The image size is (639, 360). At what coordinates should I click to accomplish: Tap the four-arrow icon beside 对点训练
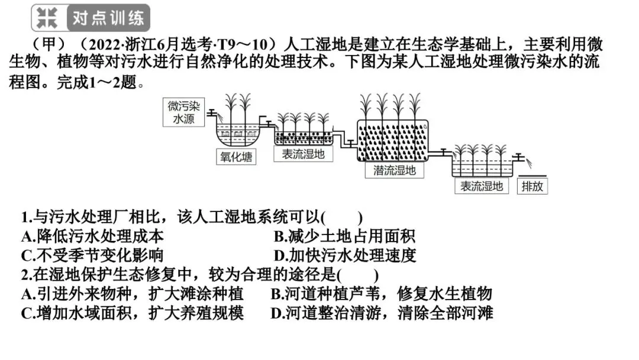[x=47, y=18]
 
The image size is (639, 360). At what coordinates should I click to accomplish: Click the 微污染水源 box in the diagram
[x=184, y=112]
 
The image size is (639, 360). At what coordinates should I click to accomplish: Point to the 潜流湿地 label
[x=395, y=171]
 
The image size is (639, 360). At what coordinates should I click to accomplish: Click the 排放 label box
[x=532, y=186]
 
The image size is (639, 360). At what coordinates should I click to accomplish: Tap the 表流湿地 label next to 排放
[x=482, y=186]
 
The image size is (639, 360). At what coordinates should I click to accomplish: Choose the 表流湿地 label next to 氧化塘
[x=303, y=153]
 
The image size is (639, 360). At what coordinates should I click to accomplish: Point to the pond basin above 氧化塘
[x=235, y=135]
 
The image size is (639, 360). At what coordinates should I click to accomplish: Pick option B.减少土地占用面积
[x=344, y=236]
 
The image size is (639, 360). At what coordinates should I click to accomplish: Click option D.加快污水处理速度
[x=345, y=255]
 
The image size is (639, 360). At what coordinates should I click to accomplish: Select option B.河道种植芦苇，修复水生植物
[x=381, y=294]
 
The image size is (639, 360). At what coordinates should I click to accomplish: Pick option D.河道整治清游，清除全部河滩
[x=382, y=313]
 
